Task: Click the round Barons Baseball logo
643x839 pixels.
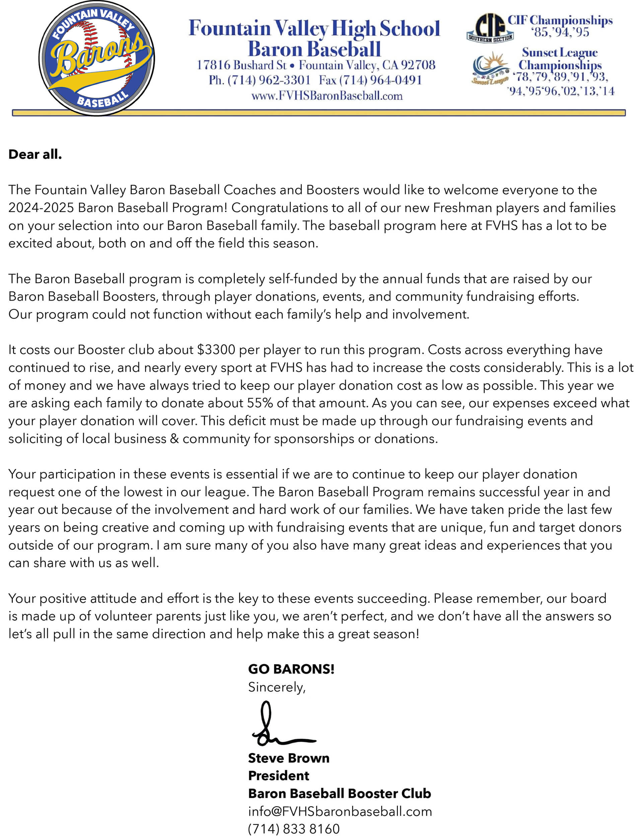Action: (96, 58)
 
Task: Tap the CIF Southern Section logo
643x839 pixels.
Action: (490, 27)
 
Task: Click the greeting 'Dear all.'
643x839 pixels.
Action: (35, 154)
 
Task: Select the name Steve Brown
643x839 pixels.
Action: (289, 758)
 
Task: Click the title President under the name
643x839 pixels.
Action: (279, 775)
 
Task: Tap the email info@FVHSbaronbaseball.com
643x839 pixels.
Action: (340, 811)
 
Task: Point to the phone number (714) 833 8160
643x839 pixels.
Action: (294, 829)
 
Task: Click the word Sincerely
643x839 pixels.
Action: (276, 687)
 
